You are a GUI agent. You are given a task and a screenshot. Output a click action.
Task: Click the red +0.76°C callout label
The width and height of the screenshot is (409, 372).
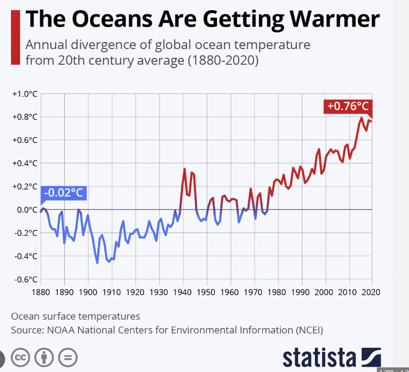pyautogui.click(x=348, y=106)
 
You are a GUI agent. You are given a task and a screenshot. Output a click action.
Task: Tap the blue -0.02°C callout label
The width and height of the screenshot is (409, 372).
pyautogui.click(x=63, y=193)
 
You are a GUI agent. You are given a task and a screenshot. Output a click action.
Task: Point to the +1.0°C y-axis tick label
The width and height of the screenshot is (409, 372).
pyautogui.click(x=24, y=94)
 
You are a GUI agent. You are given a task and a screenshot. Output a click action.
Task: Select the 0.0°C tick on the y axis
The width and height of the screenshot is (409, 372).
pyautogui.click(x=26, y=210)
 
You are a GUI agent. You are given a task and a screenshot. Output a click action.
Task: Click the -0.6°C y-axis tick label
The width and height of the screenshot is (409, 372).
pyautogui.click(x=25, y=279)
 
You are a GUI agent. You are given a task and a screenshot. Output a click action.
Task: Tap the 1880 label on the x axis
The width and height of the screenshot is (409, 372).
pyautogui.click(x=40, y=292)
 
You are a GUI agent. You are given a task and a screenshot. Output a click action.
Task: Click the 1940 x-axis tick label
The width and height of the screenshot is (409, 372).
pyautogui.click(x=183, y=292)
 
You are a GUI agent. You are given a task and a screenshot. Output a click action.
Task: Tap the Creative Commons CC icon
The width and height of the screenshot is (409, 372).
pyautogui.click(x=21, y=357)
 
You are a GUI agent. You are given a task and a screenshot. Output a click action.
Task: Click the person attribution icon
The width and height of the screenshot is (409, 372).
pyautogui.click(x=44, y=357)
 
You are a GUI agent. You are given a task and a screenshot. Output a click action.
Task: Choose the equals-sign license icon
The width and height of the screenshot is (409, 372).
pyautogui.click(x=68, y=357)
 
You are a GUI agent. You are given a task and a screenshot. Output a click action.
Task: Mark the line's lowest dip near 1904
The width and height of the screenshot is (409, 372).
pyautogui.click(x=97, y=263)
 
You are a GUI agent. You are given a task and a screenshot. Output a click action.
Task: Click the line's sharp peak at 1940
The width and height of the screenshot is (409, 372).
pyautogui.click(x=184, y=169)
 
